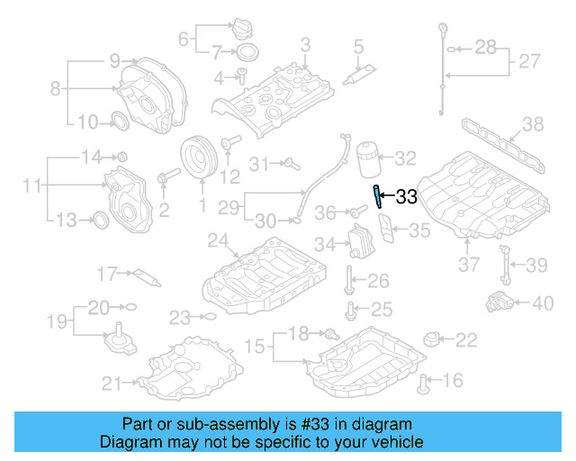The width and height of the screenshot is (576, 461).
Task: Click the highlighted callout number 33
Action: tap(407, 197)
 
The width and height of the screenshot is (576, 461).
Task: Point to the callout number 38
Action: tap(534, 124)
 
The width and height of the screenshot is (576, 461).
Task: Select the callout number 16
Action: tap(453, 381)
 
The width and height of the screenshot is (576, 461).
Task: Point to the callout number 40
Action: tap(543, 303)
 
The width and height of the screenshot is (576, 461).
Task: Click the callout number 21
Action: tap(111, 384)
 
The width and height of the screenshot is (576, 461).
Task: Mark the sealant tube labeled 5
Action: tap(365, 64)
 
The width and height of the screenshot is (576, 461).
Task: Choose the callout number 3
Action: tap(305, 44)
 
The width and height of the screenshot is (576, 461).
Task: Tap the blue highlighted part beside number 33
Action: tap(378, 195)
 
